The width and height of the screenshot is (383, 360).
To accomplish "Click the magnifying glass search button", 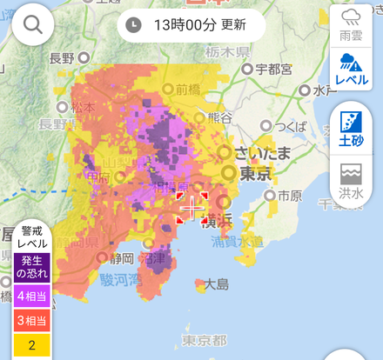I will [33, 25].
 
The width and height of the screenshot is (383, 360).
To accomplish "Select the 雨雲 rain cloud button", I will [352, 27].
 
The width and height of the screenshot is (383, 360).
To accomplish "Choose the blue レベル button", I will [352, 69].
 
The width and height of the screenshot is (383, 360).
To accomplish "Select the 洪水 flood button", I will [352, 178].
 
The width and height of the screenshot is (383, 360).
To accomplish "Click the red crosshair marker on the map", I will [191, 209].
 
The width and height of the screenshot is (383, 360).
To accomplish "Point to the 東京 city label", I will [253, 174].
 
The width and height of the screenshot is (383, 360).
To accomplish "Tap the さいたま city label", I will [260, 152].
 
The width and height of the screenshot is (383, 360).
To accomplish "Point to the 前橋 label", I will [187, 88].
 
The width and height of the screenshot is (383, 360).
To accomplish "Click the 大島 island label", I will [217, 283].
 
